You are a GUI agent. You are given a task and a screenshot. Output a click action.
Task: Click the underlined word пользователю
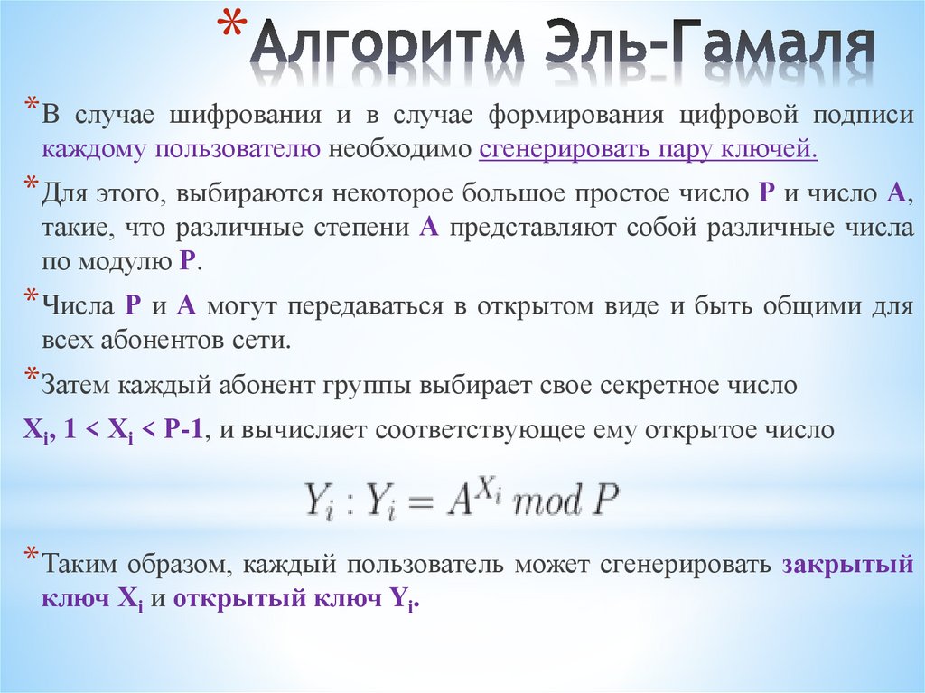(x=237, y=149)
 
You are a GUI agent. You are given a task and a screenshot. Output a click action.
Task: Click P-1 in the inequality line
(x=185, y=431)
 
